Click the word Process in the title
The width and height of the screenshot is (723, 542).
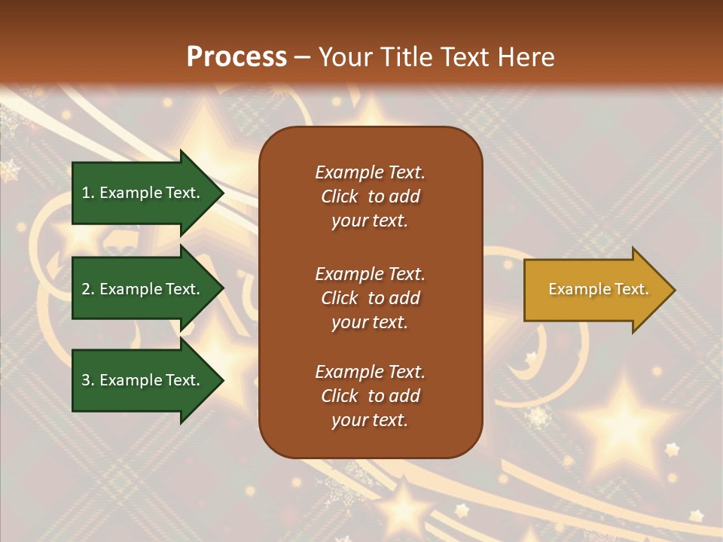[236, 57]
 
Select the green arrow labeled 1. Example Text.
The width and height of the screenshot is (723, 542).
[143, 193]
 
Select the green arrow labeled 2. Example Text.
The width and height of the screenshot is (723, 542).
[143, 289]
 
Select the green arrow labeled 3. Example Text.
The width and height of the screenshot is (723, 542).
[143, 380]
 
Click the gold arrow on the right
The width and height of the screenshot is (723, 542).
[595, 290]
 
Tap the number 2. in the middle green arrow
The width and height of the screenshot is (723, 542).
[88, 289]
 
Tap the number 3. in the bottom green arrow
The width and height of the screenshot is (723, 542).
[88, 380]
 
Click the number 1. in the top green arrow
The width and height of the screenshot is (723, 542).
[87, 193]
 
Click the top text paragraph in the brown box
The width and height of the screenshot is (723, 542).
[370, 196]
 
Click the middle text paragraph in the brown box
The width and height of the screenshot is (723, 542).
[370, 298]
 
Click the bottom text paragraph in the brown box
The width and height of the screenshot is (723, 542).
[370, 396]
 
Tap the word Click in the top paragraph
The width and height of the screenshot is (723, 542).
[340, 196]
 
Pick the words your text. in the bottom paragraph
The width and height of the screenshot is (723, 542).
[370, 420]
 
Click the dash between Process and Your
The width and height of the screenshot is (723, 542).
[302, 57]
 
